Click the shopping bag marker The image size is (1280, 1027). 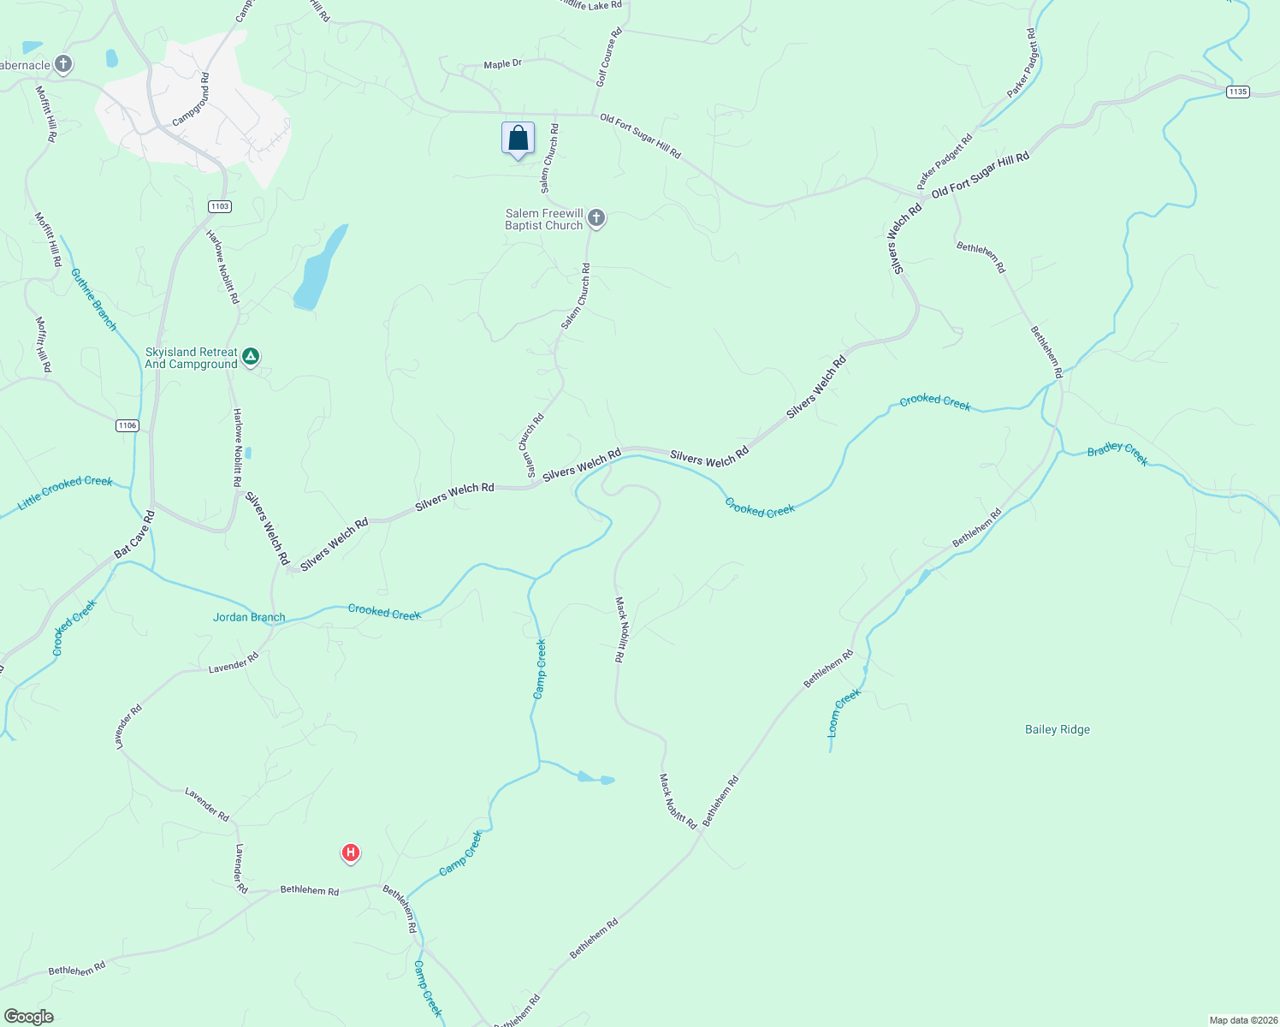point(518,139)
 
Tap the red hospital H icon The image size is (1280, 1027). point(350,852)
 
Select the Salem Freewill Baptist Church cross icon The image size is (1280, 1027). point(596,218)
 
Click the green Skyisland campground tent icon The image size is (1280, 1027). point(251,356)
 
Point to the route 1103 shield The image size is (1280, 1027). point(219,206)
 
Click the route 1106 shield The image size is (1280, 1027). point(127,425)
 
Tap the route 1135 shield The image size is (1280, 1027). point(1237,92)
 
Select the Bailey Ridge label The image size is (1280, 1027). point(1058,730)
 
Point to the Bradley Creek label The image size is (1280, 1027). point(1117,454)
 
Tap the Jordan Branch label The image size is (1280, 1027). point(249,617)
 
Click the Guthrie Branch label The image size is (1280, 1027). point(93,300)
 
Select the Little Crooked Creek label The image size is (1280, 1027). point(65,494)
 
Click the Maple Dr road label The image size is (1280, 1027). point(502,64)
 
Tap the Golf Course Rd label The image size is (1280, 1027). point(608,56)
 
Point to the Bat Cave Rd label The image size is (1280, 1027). point(134,535)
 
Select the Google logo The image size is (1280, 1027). point(28,1017)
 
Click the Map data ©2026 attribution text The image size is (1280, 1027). point(1241,1020)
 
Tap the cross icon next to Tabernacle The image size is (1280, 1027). point(62,64)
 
